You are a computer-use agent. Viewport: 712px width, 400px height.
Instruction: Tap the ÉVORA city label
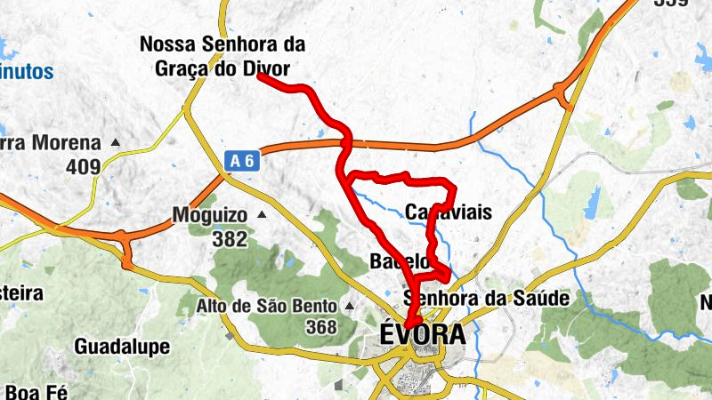[422, 336]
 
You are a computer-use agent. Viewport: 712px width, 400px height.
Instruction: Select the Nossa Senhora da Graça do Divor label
[222, 55]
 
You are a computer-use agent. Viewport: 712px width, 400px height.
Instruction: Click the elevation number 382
[230, 237]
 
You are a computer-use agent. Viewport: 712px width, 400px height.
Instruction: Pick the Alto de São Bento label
[267, 307]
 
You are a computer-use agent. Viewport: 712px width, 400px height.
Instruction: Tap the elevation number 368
[320, 327]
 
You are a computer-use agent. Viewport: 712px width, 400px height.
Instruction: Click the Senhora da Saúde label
[486, 298]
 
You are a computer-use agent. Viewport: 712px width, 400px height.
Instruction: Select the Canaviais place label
[448, 212]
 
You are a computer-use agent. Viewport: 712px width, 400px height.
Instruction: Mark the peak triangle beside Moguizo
[262, 215]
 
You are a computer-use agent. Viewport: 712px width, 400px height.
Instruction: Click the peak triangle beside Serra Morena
[116, 142]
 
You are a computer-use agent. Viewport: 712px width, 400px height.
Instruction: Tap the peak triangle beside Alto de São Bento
[350, 307]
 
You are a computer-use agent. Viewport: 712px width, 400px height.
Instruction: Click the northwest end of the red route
[260, 77]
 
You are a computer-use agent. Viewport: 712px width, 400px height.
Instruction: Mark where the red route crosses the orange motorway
[345, 142]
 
